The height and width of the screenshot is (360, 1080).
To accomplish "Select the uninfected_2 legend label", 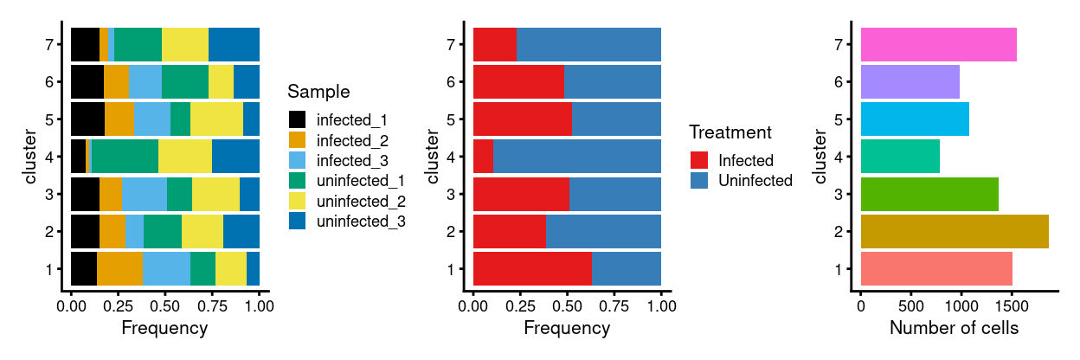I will point(362,201).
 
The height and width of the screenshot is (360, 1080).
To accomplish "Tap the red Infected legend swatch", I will point(699,160).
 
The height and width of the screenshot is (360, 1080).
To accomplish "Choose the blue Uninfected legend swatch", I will point(699,180).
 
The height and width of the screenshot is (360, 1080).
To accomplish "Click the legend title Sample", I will point(318,92).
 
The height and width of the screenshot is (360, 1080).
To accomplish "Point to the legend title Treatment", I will point(730,132).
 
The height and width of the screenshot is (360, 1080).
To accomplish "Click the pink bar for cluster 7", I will point(938,44).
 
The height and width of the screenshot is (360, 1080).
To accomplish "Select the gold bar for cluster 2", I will point(955,232).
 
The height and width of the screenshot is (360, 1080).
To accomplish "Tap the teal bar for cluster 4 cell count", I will point(900,157).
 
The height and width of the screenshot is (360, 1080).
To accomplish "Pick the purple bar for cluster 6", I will point(910,82).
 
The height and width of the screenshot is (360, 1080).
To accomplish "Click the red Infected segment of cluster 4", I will point(483,157).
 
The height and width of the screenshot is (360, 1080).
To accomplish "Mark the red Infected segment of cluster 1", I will point(532,269).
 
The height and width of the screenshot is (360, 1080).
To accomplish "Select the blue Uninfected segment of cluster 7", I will point(588,44).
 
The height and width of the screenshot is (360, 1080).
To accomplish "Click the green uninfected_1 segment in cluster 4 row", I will point(125,157).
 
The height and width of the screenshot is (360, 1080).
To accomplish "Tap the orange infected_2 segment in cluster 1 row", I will point(119,269).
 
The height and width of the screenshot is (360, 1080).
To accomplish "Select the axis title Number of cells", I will point(954,329).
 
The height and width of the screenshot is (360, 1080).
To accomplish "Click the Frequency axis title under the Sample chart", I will point(164,329).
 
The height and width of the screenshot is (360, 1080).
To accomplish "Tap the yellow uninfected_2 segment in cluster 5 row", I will point(216,119).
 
